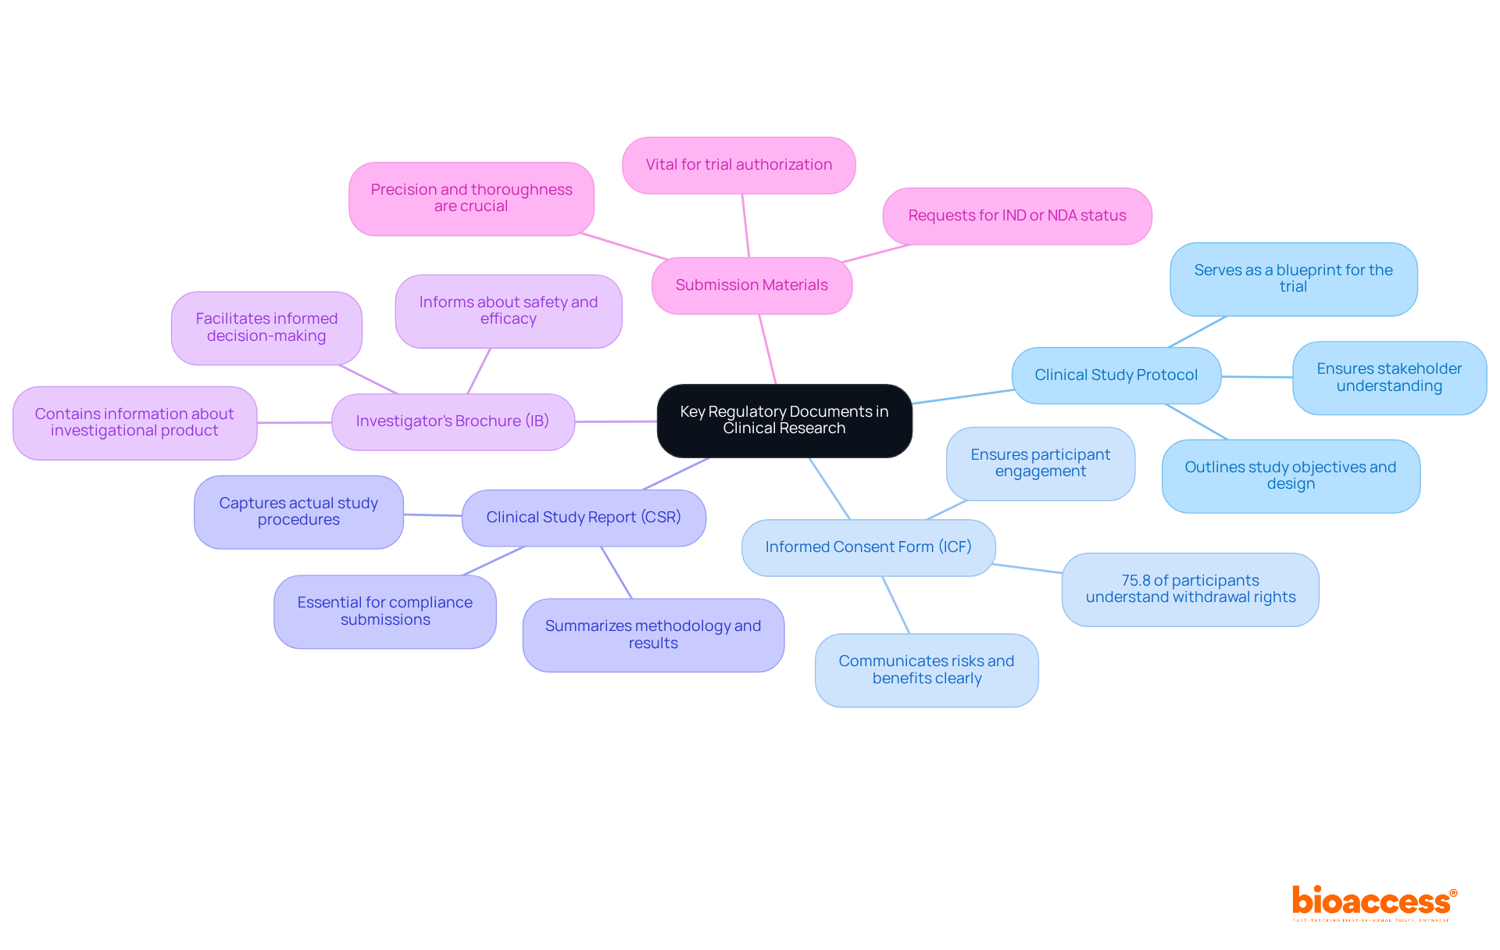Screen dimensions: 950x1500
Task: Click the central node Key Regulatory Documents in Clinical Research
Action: point(784,420)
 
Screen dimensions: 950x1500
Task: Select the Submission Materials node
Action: point(752,285)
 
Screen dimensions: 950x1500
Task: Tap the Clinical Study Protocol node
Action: point(1116,375)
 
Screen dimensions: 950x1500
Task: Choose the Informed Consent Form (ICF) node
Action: point(868,547)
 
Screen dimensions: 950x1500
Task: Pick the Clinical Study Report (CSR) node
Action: point(584,518)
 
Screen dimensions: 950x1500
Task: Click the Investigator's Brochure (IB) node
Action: point(452,421)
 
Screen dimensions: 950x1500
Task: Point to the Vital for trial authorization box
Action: point(738,165)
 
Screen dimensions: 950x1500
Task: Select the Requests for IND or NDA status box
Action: point(1016,216)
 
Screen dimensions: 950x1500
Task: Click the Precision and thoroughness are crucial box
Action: point(471,199)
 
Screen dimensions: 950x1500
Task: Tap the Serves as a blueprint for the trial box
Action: point(1293,278)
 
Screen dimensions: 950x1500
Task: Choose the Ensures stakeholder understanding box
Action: point(1389,378)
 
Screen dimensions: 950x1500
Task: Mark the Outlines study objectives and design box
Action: point(1291,475)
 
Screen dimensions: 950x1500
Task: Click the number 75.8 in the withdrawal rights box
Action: point(1135,581)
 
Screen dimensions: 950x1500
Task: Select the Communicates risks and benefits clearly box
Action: point(927,670)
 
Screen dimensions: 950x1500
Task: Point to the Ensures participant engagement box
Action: point(1040,463)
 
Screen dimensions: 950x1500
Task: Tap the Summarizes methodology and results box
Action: point(653,635)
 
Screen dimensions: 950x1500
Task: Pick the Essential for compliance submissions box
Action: point(384,611)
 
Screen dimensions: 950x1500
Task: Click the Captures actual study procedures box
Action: point(298,512)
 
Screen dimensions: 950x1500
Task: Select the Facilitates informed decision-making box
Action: point(266,328)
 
